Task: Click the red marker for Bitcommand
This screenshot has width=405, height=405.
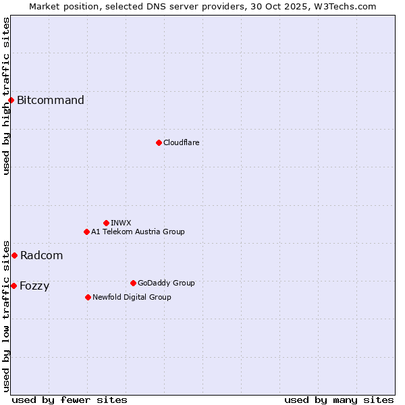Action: pos(11,101)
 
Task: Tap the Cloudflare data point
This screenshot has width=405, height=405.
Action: pos(159,142)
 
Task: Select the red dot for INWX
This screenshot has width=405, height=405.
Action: pos(106,223)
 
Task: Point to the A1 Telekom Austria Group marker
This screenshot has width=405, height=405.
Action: pos(86,232)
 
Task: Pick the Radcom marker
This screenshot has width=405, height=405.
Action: pos(14,255)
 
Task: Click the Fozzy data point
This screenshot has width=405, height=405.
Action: pos(13,286)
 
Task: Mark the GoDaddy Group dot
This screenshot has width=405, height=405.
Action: pos(133,283)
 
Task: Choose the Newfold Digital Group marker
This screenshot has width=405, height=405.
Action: pos(88,297)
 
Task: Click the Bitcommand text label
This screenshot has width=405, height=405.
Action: pos(51,101)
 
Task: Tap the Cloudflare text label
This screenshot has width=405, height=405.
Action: pos(182,142)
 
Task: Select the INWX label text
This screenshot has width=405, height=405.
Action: pos(121,223)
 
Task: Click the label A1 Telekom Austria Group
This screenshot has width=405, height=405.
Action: pos(138,232)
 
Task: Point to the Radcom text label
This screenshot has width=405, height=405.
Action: pos(41,255)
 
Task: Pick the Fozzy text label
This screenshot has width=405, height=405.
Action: pos(34,286)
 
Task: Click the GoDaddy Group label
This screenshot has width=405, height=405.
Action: pos(166,283)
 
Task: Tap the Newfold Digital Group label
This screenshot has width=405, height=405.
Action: pos(132,297)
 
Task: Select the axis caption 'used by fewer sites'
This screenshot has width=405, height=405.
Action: pos(70,400)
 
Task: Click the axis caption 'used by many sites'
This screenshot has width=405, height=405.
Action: pos(339,400)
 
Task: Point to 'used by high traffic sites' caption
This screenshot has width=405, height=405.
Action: pos(6,96)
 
